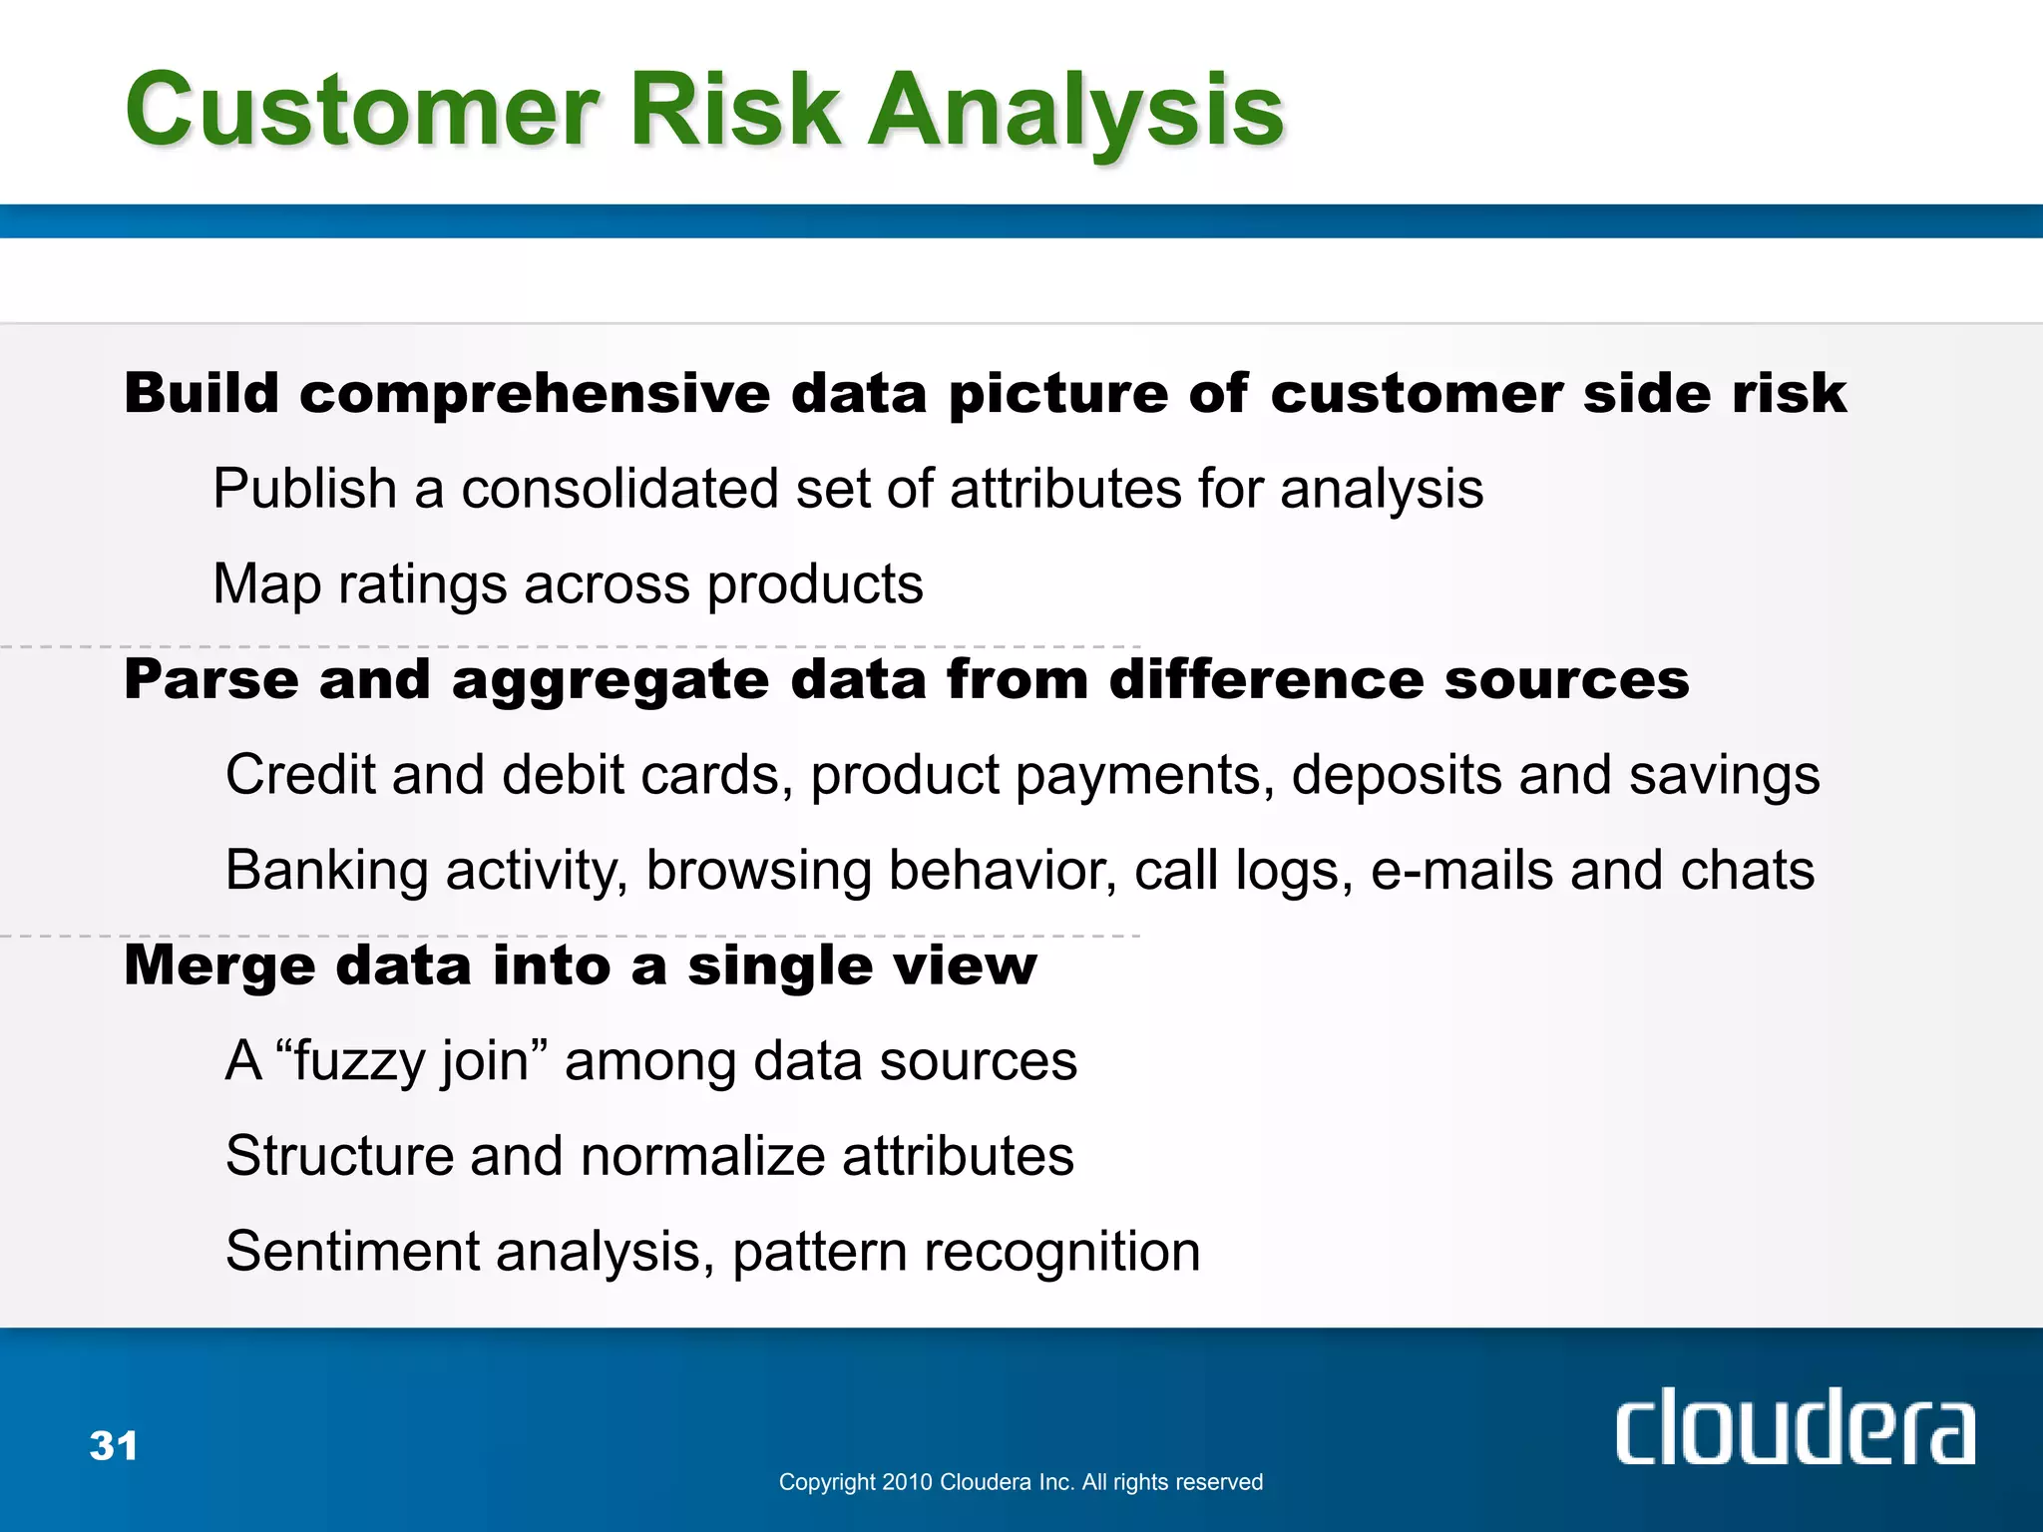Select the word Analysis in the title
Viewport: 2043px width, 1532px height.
[1076, 112]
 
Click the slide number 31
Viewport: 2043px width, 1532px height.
[114, 1445]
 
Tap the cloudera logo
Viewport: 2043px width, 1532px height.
[1794, 1428]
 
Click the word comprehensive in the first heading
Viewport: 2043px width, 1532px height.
[535, 394]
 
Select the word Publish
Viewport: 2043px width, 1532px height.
[305, 489]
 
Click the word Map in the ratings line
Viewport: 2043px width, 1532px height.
[266, 584]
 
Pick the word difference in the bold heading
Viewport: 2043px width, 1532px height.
[1267, 680]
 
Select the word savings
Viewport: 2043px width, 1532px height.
[1724, 776]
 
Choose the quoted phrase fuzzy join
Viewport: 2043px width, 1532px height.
[411, 1061]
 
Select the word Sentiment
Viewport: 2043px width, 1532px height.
[352, 1252]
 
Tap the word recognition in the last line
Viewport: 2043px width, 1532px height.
[1061, 1253]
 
